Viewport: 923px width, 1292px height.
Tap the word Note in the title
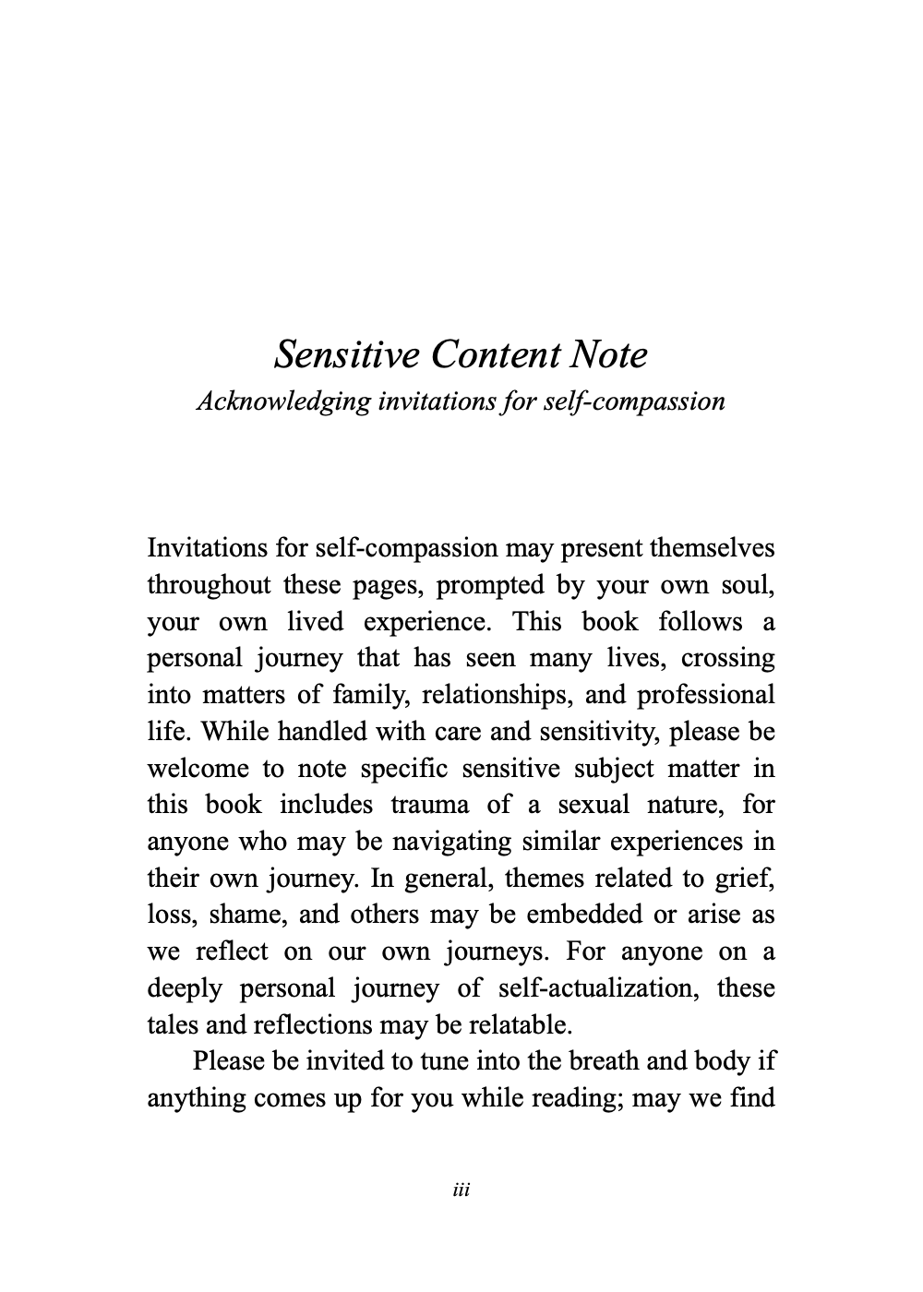click(608, 354)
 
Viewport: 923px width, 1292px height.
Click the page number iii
click(461, 1190)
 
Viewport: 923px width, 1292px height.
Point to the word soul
click(747, 585)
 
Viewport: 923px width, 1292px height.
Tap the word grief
click(746, 878)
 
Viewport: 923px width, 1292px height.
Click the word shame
click(246, 915)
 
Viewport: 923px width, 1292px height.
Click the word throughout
click(210, 585)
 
